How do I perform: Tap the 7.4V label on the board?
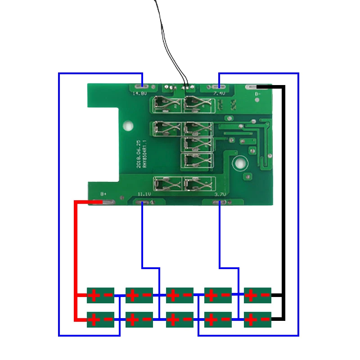pos(219,94)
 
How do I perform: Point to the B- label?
pos(257,94)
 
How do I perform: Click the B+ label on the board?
pos(103,194)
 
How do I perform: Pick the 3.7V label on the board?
pos(220,194)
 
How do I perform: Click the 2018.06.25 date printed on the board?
pos(139,154)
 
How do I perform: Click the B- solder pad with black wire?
pos(252,86)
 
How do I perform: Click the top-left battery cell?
pos(100,296)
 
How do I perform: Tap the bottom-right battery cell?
pos(257,320)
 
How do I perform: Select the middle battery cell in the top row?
pos(180,296)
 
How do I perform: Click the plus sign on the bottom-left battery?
pos(94,320)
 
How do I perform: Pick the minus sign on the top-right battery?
pos(265,296)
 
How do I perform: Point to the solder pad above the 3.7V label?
pos(220,202)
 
